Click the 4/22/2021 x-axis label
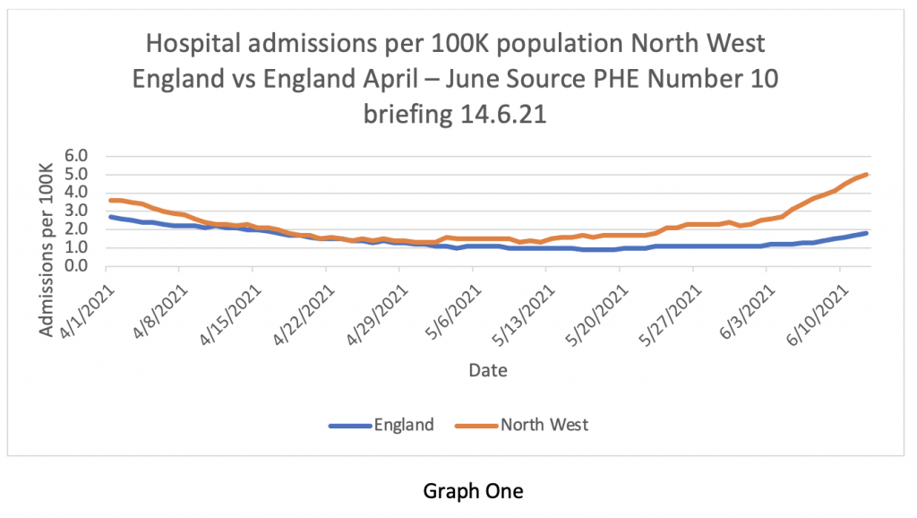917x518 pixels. (299, 306)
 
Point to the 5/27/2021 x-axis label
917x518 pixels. (668, 306)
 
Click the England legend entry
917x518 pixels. (405, 425)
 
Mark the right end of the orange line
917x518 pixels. (867, 175)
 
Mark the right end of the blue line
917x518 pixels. (867, 233)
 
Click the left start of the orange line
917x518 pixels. (110, 200)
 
